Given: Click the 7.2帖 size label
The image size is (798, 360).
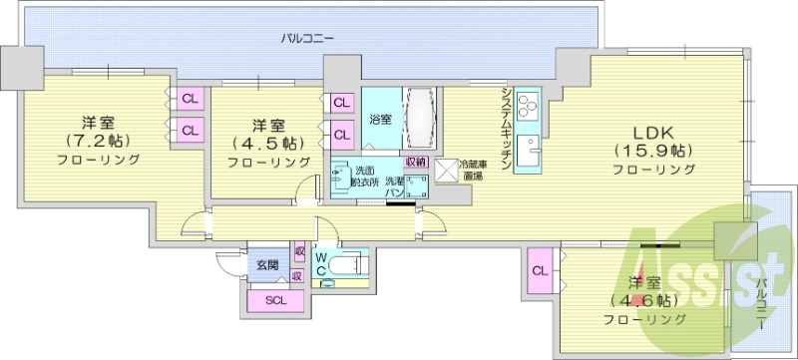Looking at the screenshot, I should click(97, 141).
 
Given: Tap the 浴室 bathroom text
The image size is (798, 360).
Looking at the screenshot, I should click(380, 120).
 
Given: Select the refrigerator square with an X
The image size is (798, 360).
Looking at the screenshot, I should click(444, 171).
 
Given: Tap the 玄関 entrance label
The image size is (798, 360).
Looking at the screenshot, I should click(266, 265).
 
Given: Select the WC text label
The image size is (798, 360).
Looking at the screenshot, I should click(321, 263).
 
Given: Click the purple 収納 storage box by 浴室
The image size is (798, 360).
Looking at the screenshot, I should click(414, 162).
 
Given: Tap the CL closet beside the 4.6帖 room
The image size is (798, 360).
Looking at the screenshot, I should click(539, 270).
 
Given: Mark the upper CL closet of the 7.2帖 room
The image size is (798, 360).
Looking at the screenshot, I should click(189, 98).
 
